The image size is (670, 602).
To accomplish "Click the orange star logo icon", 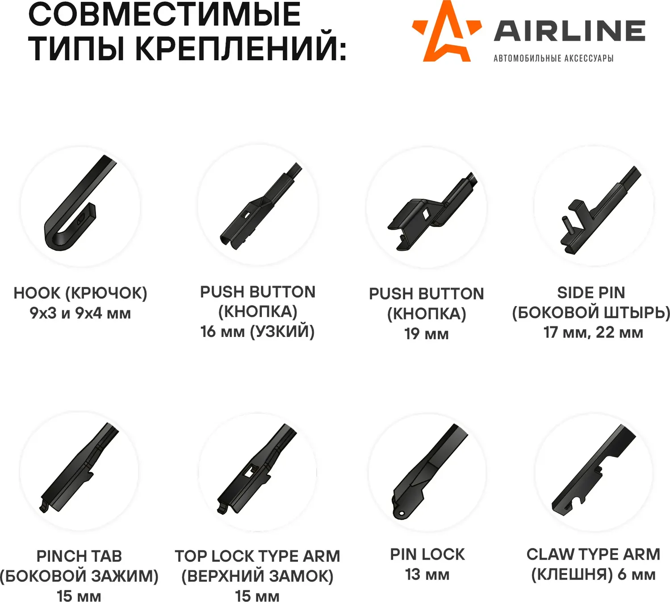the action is [447, 31].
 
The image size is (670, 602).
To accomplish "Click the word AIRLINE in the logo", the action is [569, 31].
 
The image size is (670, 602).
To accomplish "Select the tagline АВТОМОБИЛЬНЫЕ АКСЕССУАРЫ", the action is [553, 58].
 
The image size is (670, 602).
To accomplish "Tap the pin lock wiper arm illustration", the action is [430, 472].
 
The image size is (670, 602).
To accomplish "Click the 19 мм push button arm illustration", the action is [432, 211].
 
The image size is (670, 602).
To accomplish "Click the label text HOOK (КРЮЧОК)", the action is [80, 293].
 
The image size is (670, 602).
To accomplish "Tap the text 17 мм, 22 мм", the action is [593, 332].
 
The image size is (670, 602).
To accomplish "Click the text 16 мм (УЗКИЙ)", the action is [258, 331].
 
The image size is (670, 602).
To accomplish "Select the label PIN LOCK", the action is [427, 554].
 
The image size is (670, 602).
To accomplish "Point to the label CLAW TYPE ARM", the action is [593, 554].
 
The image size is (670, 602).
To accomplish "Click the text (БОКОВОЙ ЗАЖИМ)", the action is [80, 576].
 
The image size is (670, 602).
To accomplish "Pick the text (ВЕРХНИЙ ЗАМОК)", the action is [257, 576].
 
